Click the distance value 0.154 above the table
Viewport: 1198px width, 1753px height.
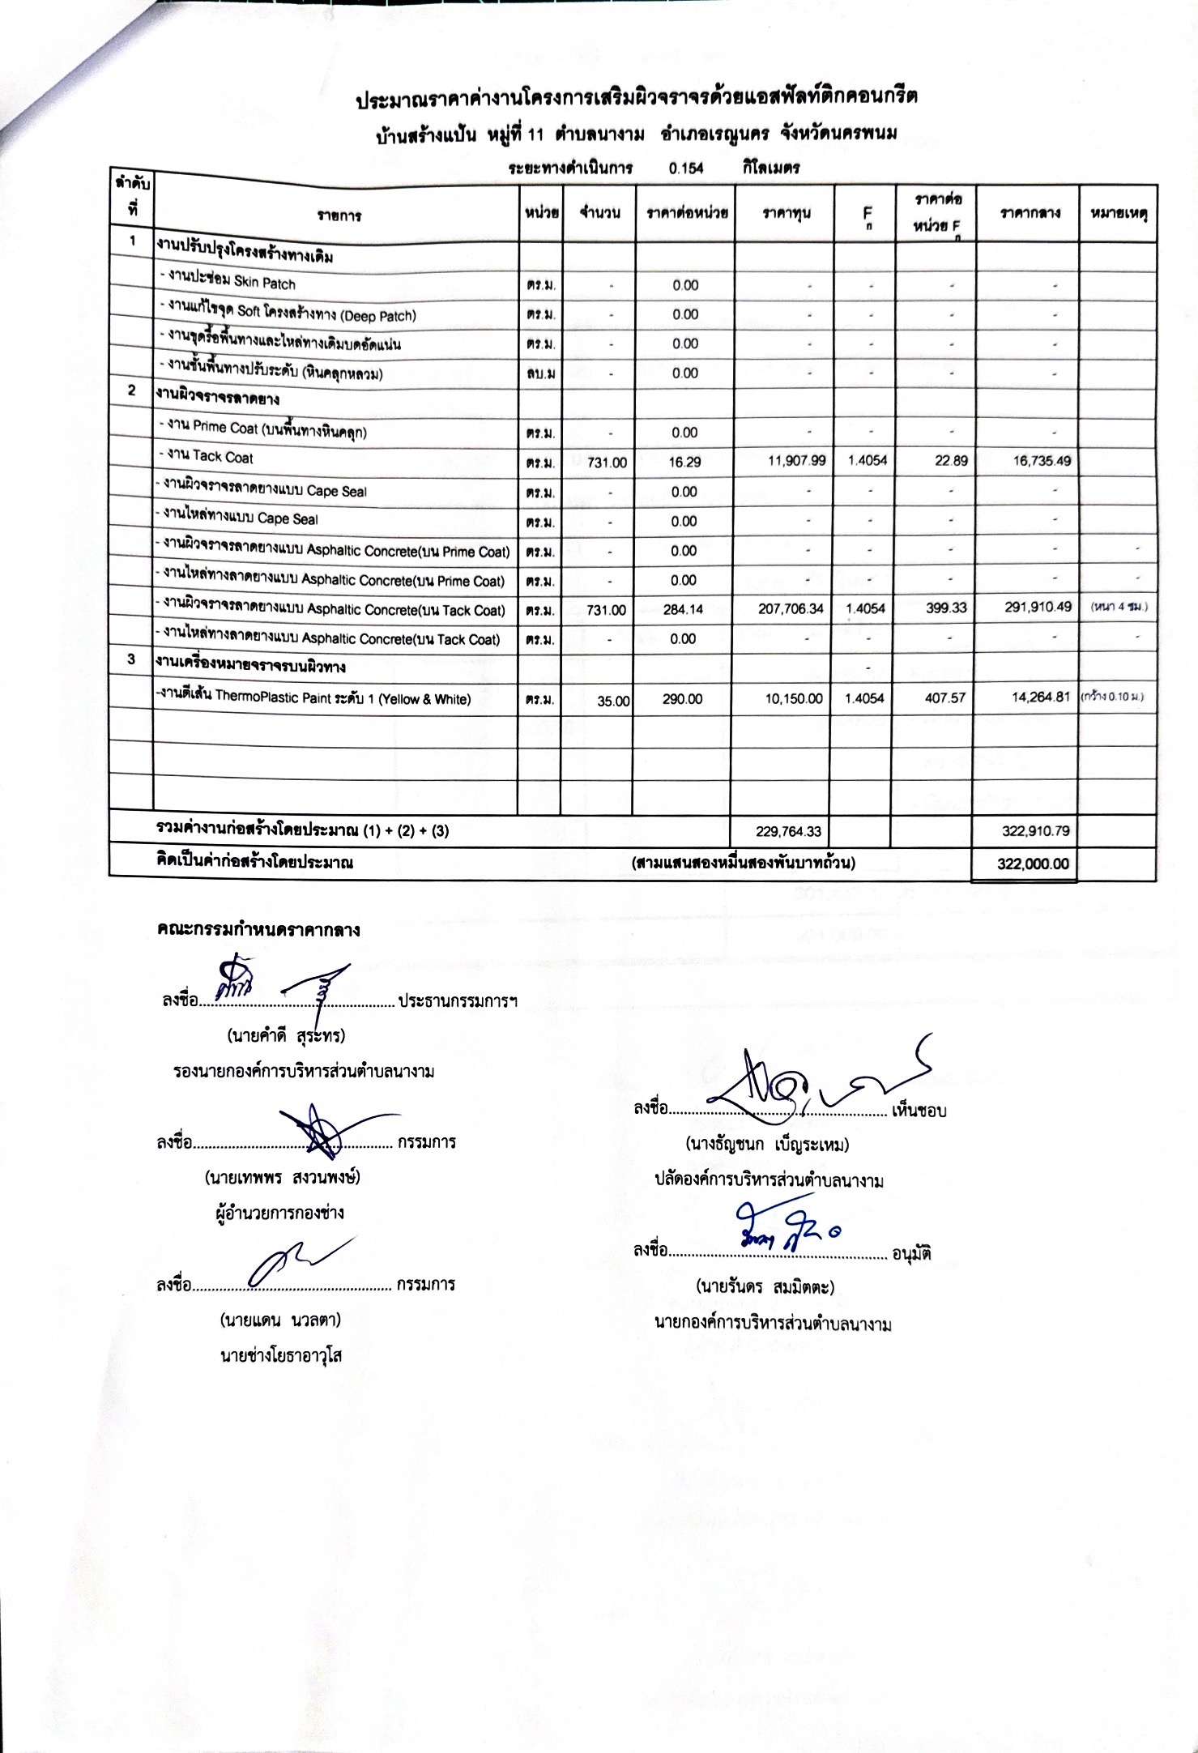[x=686, y=168]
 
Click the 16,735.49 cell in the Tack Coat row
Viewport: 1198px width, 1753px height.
[x=1042, y=461]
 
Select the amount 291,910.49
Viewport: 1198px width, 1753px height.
[x=1038, y=608]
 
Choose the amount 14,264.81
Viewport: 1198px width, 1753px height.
[x=1042, y=697]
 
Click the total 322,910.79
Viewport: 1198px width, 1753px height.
[x=1035, y=830]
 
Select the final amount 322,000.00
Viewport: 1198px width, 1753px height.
[x=1032, y=864]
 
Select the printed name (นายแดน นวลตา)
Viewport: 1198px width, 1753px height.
[x=280, y=1320]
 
